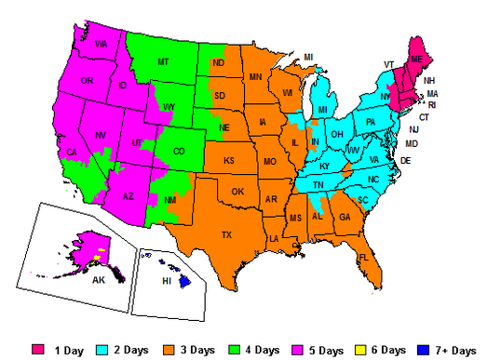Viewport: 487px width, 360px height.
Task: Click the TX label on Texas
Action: pyautogui.click(x=226, y=234)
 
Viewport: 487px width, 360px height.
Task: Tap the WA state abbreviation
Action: pyautogui.click(x=101, y=44)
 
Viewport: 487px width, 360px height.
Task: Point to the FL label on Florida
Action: pyautogui.click(x=364, y=256)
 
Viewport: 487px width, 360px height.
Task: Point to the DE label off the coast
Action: pyautogui.click(x=406, y=161)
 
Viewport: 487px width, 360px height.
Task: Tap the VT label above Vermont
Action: pyautogui.click(x=388, y=64)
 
